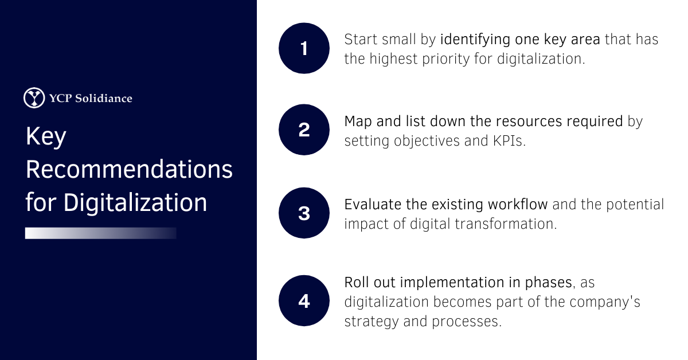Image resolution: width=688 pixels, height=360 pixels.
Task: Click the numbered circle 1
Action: (x=304, y=48)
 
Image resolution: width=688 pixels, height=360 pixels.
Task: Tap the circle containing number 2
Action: (x=304, y=130)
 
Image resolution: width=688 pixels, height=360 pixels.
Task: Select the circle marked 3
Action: (x=304, y=213)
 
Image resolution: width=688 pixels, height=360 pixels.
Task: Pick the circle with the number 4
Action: (x=304, y=301)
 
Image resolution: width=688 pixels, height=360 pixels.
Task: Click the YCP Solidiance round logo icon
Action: (x=34, y=97)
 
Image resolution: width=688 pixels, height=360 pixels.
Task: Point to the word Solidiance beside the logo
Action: (x=104, y=98)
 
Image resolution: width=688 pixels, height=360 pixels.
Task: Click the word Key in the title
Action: (x=46, y=137)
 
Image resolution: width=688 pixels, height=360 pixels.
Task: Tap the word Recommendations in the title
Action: (x=129, y=169)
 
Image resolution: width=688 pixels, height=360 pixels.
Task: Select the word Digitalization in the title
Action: (x=135, y=203)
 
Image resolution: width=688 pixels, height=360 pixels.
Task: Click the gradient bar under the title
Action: (x=101, y=233)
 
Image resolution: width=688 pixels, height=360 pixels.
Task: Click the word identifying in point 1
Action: (x=475, y=40)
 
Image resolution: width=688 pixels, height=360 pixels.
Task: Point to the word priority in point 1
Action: (x=445, y=59)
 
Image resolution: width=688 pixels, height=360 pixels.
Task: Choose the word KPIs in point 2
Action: (x=510, y=141)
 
